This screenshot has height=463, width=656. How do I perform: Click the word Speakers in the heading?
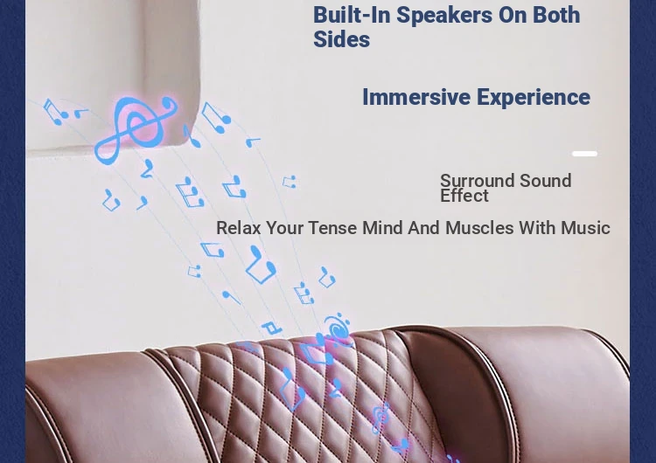click(443, 15)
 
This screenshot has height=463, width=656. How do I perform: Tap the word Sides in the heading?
click(341, 39)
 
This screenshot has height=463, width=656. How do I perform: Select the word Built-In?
click(352, 15)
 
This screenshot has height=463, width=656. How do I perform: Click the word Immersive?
click(416, 97)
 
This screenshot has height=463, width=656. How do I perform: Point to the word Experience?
click(534, 98)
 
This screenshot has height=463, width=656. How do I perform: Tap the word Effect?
click(464, 196)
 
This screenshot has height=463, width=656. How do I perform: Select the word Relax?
click(238, 228)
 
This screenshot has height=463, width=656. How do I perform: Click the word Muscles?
click(479, 228)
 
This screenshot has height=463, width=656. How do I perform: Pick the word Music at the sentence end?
click(585, 228)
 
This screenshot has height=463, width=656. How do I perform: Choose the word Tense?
click(332, 228)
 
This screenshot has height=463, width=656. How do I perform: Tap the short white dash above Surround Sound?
click(584, 154)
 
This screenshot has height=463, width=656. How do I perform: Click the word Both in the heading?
click(556, 15)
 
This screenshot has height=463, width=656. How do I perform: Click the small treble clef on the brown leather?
click(380, 418)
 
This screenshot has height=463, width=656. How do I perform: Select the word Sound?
click(545, 181)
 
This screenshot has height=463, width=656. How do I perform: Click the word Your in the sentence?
click(284, 228)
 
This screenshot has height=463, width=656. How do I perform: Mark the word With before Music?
click(537, 228)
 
